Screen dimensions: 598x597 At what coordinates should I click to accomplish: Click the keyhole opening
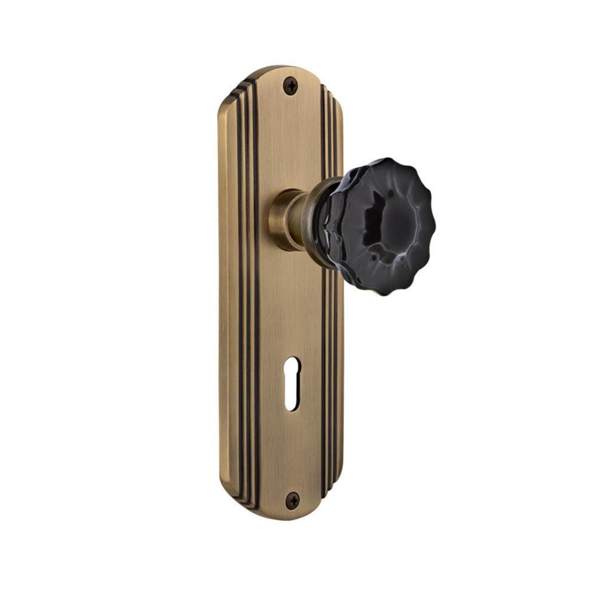tap(292, 383)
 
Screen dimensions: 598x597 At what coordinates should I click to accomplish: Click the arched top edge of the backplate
tap(281, 69)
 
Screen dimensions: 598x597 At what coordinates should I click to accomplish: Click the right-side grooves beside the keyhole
tap(330, 383)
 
